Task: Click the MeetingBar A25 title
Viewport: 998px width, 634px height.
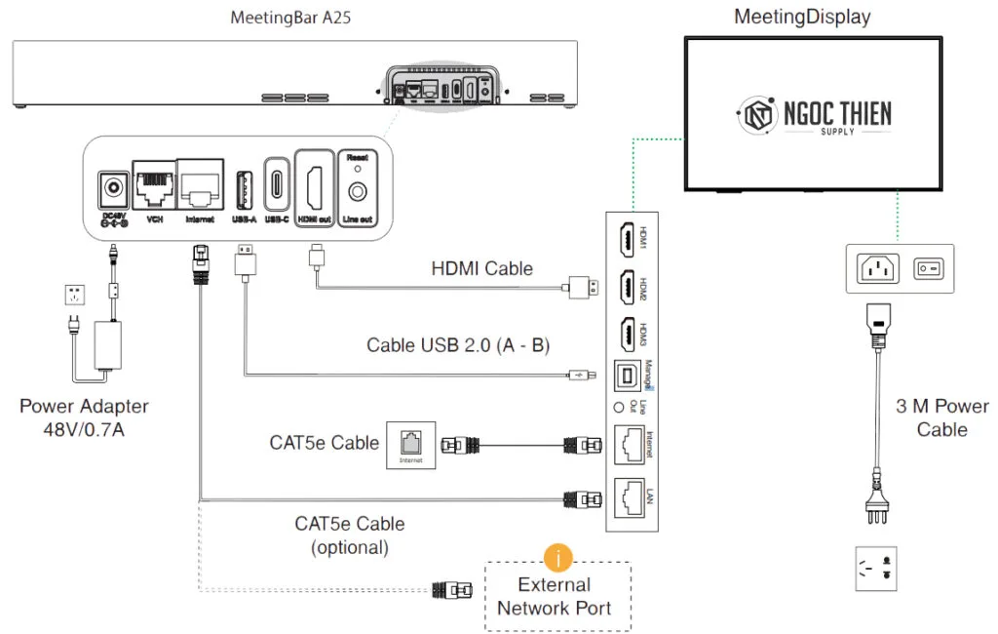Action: [x=290, y=18]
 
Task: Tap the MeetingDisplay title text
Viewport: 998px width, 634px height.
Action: [x=802, y=17]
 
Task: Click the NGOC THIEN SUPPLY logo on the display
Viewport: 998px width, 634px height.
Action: [x=813, y=115]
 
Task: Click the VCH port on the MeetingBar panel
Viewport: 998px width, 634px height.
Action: [x=153, y=182]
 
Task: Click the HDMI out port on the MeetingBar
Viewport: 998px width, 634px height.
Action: [x=313, y=182]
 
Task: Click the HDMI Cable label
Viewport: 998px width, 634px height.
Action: [x=481, y=268]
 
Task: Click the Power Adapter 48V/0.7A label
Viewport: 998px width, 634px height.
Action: [x=84, y=416]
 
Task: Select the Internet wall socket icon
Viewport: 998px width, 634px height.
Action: [x=410, y=445]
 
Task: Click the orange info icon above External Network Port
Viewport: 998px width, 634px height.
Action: [x=557, y=558]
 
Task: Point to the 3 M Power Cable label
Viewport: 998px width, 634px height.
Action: [x=941, y=417]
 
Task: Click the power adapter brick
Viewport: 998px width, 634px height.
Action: [x=114, y=346]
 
